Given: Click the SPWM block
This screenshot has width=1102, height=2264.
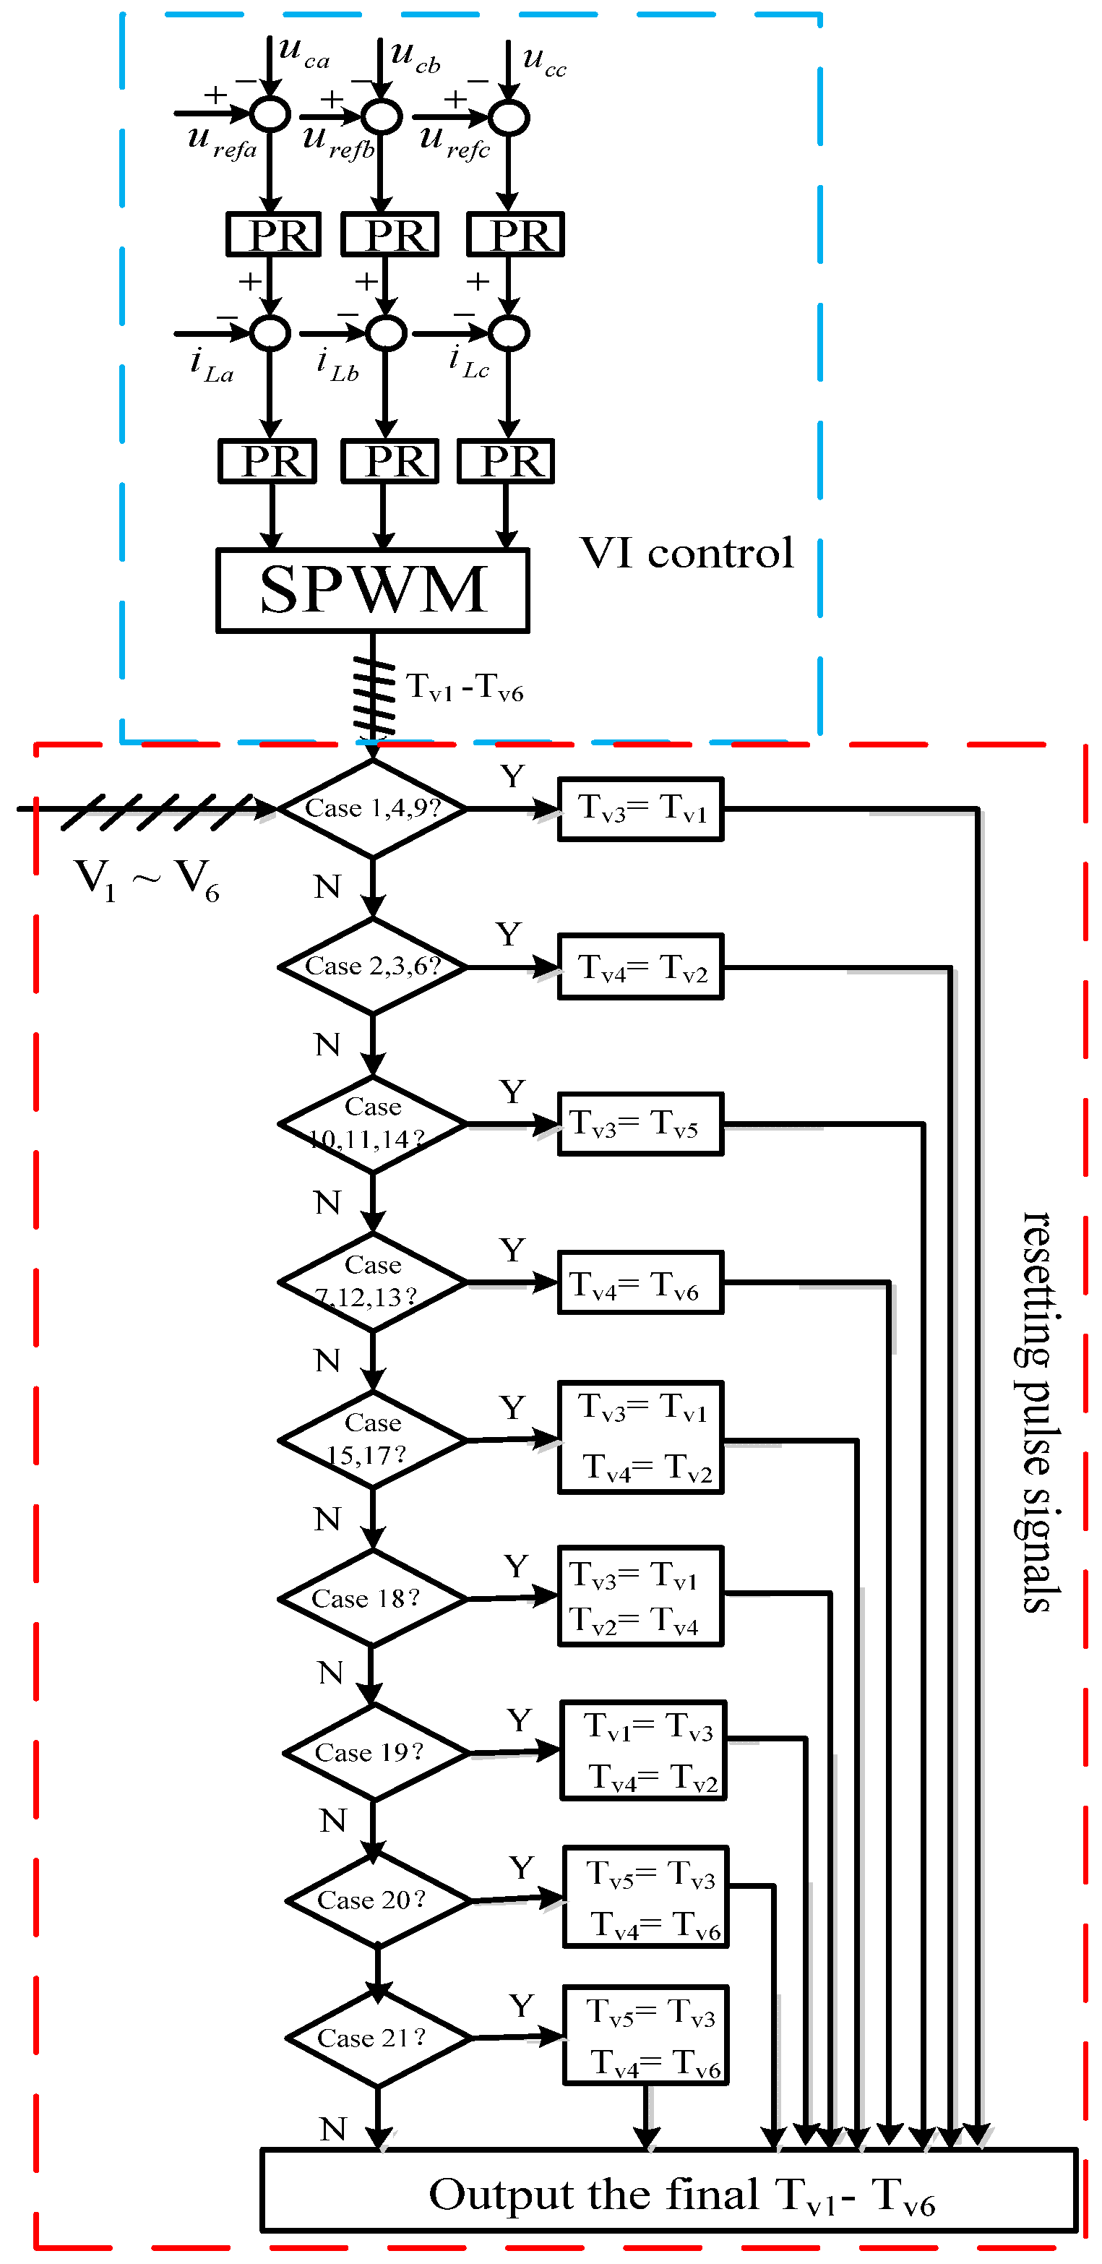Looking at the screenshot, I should [373, 591].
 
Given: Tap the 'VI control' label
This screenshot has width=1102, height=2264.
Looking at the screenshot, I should [686, 554].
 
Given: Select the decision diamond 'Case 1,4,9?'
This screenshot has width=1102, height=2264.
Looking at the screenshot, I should [373, 807].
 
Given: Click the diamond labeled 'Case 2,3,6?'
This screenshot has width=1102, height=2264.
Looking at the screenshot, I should [373, 966].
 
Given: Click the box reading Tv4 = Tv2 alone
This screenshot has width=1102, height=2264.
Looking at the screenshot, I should [641, 966].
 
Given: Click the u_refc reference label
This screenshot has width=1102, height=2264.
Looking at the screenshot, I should [454, 142].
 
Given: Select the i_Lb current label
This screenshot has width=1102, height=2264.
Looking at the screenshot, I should [337, 364].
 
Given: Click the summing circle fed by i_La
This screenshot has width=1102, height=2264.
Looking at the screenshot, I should [271, 333].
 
